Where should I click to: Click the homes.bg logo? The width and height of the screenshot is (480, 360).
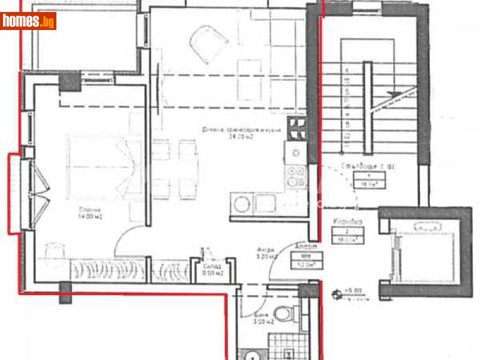(29, 22)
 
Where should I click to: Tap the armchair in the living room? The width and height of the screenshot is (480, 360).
(208, 46)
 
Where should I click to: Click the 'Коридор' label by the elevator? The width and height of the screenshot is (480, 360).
(347, 221)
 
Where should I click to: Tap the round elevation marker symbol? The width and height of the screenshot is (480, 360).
(336, 294)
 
